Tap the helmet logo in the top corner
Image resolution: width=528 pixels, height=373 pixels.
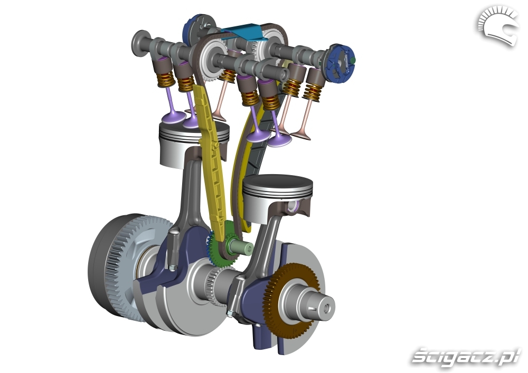(497, 27)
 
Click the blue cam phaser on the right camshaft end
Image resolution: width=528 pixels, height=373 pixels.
(339, 63)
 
